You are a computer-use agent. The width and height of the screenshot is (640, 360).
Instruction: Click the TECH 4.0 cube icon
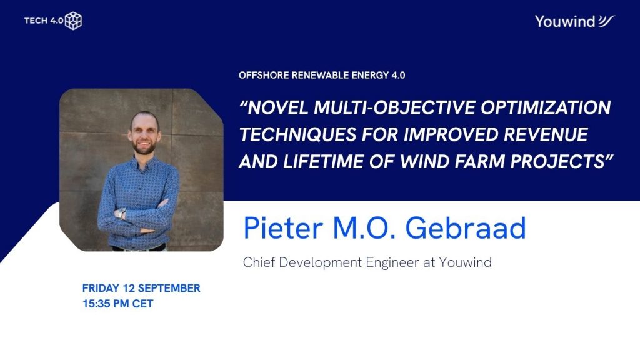74,21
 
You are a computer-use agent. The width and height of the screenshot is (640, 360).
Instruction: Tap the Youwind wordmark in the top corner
565,22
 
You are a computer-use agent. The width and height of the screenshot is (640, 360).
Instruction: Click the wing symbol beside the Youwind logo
606,21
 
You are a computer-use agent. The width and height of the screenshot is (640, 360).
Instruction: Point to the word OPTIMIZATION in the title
546,107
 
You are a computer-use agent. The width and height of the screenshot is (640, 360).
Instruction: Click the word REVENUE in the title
546,134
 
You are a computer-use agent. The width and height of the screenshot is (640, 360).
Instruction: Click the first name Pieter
283,227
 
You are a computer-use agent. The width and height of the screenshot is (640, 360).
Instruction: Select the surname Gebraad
466,227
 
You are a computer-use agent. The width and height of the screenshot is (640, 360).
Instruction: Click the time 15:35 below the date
96,304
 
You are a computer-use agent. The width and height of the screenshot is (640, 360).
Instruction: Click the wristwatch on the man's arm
121,213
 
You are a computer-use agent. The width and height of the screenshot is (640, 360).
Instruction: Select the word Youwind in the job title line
465,262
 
